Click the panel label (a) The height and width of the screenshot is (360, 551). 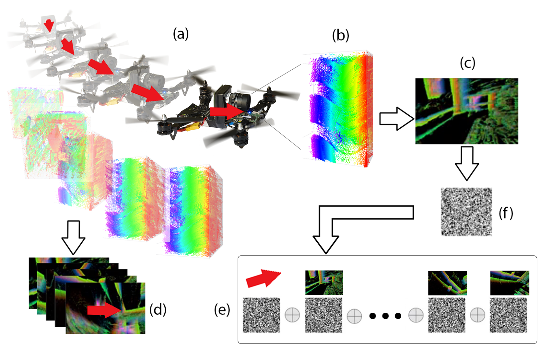[x=181, y=34]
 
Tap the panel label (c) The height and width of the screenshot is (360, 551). [x=468, y=64]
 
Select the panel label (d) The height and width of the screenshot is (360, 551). [x=158, y=309]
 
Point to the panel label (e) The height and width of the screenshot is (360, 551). [x=222, y=309]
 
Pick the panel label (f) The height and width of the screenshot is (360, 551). [x=506, y=213]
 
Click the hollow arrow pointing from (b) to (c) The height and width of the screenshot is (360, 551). [x=396, y=119]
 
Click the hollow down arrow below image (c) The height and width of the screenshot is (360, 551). [x=467, y=164]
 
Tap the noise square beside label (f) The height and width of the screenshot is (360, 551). [x=467, y=212]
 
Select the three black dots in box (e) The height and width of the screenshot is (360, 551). [x=385, y=316]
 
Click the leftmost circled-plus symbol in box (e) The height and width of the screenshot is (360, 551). [x=292, y=315]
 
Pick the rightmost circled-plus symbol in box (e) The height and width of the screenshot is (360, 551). [x=478, y=315]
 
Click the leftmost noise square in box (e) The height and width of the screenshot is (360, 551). [x=262, y=315]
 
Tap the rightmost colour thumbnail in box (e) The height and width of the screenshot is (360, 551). [x=510, y=283]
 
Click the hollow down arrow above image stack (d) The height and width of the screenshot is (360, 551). [x=73, y=238]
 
